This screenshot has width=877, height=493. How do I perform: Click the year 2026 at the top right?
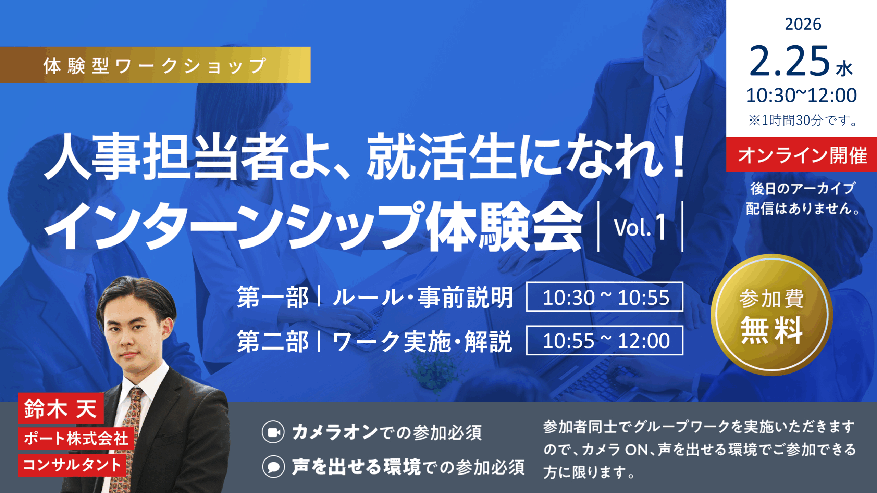pos(803,24)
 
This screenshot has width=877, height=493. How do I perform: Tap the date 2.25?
pos(790,61)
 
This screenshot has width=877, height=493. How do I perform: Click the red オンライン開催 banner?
pos(802,154)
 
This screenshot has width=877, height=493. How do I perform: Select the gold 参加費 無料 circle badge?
pos(771,314)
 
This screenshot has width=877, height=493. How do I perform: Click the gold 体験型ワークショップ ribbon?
pos(155,65)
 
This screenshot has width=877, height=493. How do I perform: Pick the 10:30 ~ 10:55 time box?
pos(605,296)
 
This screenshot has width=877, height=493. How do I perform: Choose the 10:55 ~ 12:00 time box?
pos(605,340)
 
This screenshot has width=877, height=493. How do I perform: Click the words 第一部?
pos(273,297)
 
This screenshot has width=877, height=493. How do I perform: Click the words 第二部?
pos(273,341)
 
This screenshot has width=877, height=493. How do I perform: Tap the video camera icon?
pos(273,432)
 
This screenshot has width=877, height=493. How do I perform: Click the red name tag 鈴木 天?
pos(61,408)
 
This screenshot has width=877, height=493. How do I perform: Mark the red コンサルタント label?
pos(72,465)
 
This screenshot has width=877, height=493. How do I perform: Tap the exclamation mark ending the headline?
pos(678,156)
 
